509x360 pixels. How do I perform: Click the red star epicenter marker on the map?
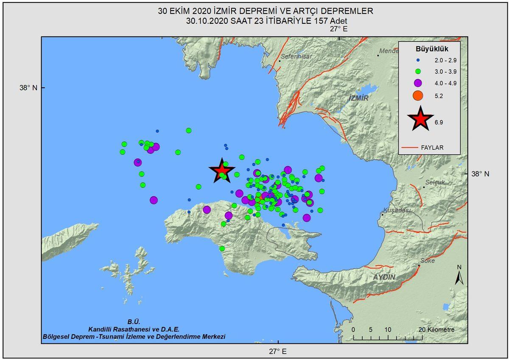(221, 171)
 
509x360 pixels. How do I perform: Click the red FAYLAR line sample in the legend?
(409, 148)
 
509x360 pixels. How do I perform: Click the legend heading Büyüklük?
(432, 49)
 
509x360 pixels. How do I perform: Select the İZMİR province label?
(358, 98)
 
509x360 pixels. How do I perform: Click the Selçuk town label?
(434, 182)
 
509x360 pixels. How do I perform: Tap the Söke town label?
(427, 261)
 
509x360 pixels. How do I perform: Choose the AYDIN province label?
(384, 277)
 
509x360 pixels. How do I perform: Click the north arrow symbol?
(459, 276)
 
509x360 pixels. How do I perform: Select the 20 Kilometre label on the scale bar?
(436, 330)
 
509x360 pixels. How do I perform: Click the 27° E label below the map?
(277, 351)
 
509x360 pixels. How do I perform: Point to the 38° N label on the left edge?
(28, 88)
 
